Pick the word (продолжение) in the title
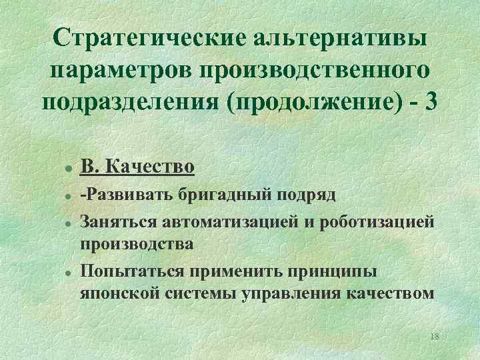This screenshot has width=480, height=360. [x=315, y=103]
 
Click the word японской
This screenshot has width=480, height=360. [x=119, y=293]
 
